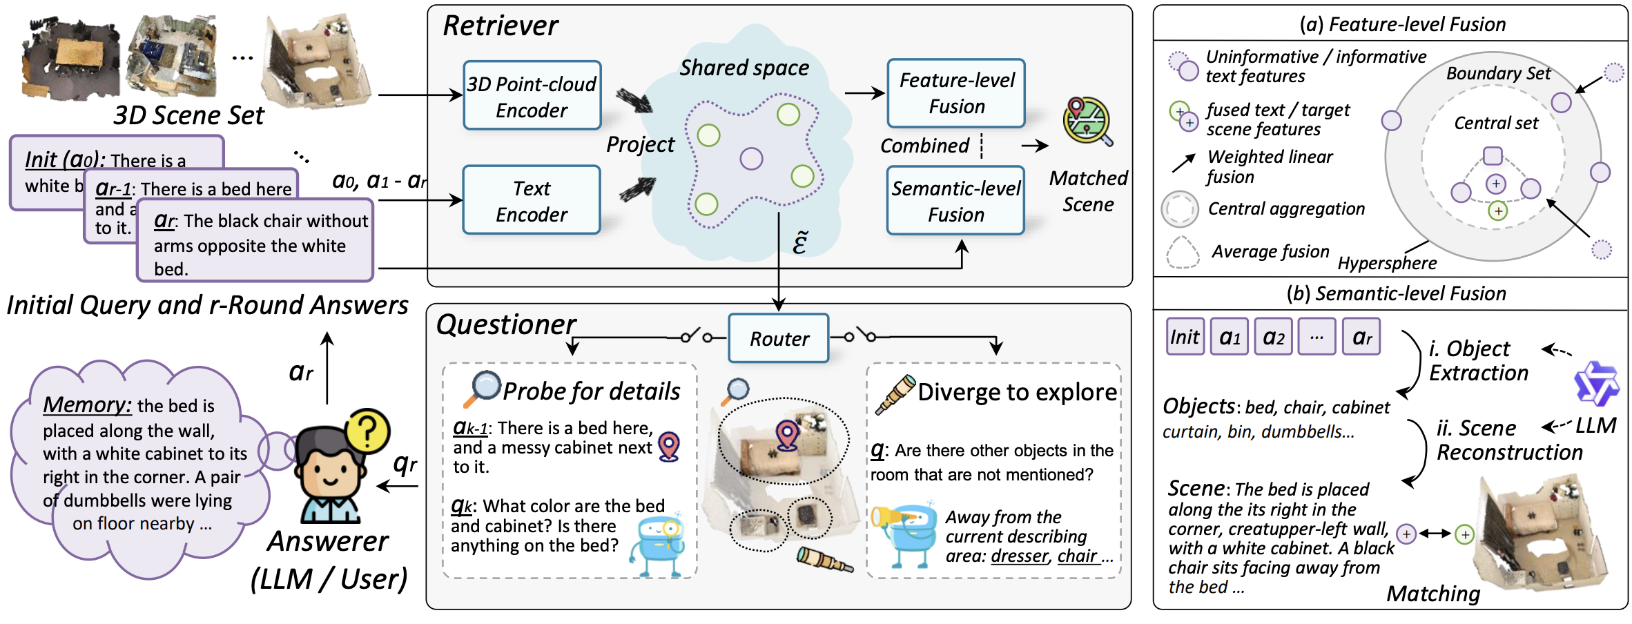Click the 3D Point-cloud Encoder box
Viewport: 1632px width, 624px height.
tap(532, 96)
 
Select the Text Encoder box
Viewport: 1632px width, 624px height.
tap(532, 200)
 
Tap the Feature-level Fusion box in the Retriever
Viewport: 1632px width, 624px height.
tap(956, 93)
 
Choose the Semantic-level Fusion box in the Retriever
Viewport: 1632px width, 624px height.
tap(955, 201)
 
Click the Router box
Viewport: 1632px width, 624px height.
tap(779, 338)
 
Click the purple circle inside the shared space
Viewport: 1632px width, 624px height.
tap(751, 158)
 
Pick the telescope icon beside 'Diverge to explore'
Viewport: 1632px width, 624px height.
tap(895, 394)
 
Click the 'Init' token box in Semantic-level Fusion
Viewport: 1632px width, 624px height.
tap(1185, 337)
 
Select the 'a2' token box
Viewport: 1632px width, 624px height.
tap(1273, 337)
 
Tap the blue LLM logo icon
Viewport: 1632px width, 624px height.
tap(1595, 383)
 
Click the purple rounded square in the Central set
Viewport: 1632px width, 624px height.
tap(1493, 155)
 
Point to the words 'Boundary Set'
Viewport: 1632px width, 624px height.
tap(1498, 73)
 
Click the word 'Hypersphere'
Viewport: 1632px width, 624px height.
tap(1387, 263)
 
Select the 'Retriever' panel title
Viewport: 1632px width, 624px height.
tap(501, 26)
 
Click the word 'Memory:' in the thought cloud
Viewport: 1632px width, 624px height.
tap(87, 404)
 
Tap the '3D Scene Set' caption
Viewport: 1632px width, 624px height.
tap(188, 115)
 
